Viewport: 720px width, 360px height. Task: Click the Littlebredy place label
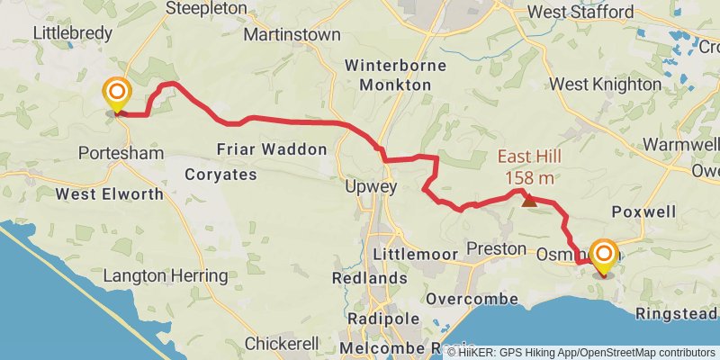(x=72, y=32)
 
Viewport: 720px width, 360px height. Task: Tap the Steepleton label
(x=207, y=8)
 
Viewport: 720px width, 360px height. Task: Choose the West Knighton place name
(x=605, y=84)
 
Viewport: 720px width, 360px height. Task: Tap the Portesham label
(x=121, y=153)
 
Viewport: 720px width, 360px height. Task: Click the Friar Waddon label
(x=272, y=149)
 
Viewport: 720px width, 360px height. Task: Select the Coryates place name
(x=220, y=174)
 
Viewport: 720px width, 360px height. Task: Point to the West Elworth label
(x=100, y=193)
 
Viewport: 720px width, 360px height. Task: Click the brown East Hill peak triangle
(x=529, y=201)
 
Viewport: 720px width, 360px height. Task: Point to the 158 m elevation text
(x=529, y=177)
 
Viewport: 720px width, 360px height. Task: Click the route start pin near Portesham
(x=116, y=94)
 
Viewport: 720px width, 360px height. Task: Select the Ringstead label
(x=677, y=313)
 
